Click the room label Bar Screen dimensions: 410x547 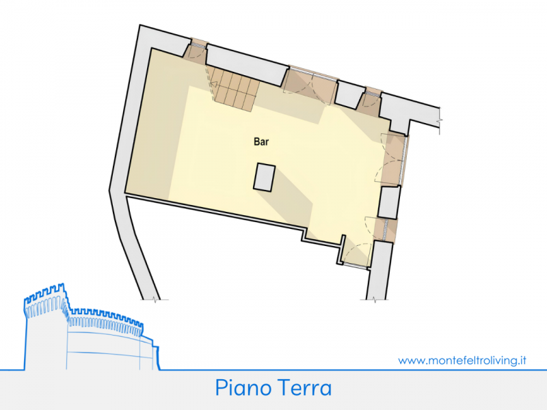point(260,142)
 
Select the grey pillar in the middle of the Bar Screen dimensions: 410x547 point(264,176)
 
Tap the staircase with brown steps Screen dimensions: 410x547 point(232,89)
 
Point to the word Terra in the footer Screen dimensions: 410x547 point(305,388)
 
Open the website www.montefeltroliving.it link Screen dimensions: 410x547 point(462,360)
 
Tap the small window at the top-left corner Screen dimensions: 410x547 point(197,51)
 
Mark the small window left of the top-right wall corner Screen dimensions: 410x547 point(371,100)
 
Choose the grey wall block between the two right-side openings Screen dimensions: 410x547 point(388,202)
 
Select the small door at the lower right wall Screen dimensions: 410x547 point(386,230)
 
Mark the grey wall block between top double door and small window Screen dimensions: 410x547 point(350,94)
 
